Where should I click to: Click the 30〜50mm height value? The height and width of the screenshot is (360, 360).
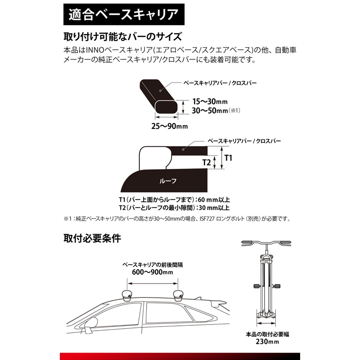(x=208, y=111)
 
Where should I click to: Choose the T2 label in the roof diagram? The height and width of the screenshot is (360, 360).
(x=207, y=162)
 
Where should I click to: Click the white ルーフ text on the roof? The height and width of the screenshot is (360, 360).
(x=167, y=180)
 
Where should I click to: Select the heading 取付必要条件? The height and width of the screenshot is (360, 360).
(x=92, y=239)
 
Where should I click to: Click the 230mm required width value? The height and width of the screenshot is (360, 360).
(x=268, y=342)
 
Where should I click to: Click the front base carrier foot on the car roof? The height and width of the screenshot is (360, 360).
(x=127, y=294)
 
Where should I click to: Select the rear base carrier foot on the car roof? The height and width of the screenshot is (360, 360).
(x=178, y=294)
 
